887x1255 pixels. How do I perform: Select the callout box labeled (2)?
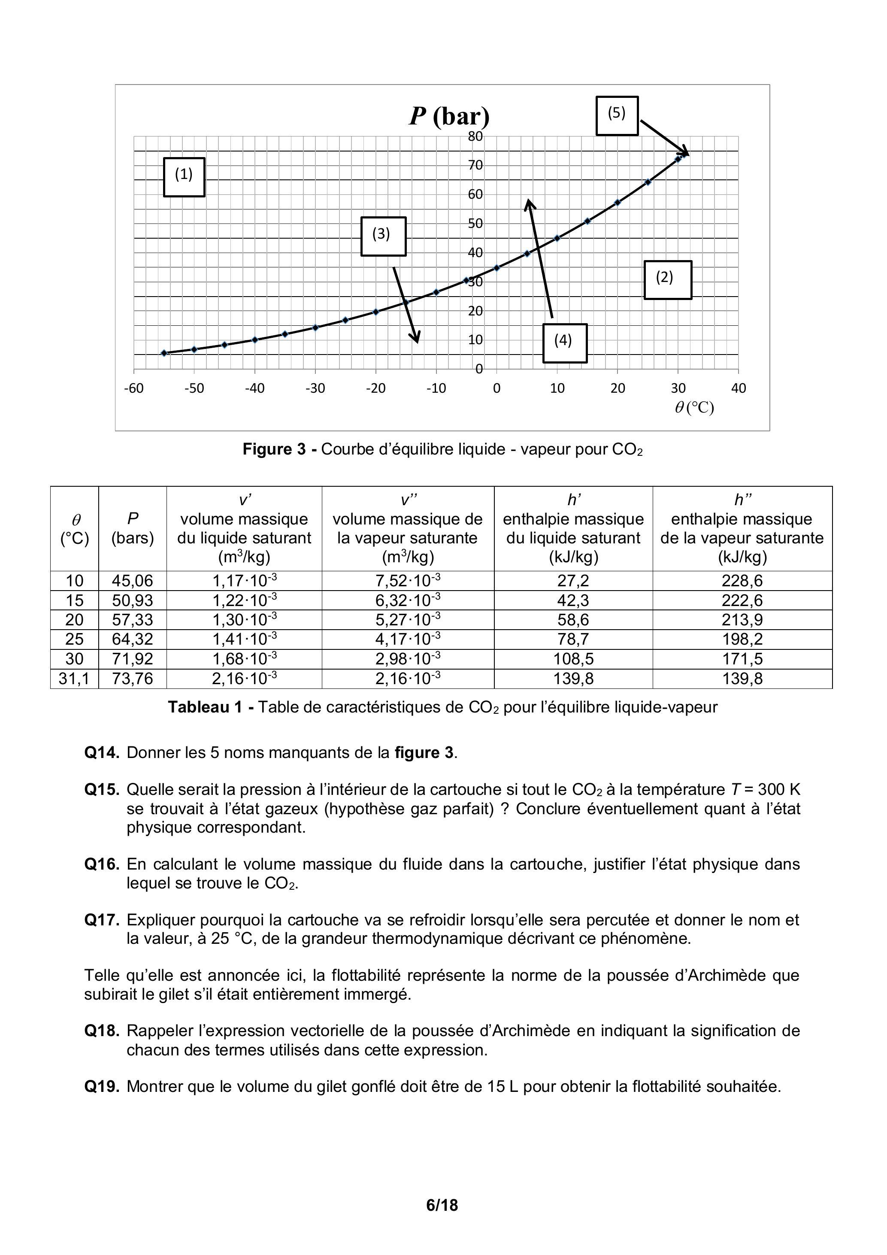click(x=667, y=279)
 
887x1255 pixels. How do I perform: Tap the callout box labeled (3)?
click(x=383, y=236)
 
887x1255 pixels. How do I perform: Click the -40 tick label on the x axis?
click(x=254, y=388)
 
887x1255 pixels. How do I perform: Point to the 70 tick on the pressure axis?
click(x=475, y=165)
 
